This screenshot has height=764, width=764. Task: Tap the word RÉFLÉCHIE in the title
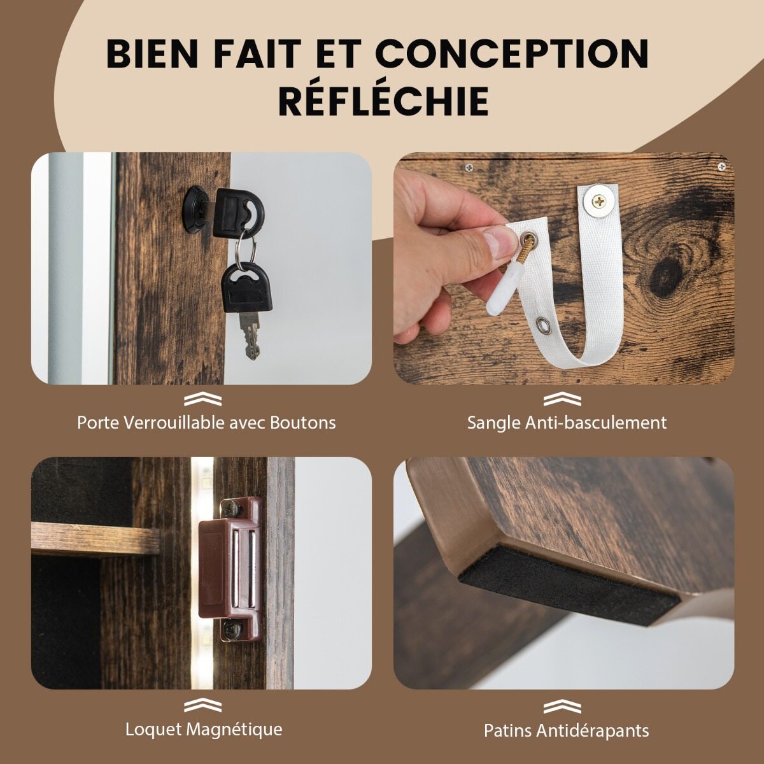[x=384, y=101]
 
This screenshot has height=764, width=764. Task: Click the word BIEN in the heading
[x=153, y=54]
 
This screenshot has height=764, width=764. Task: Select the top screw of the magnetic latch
[x=229, y=508]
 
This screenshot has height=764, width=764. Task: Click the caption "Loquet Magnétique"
[x=204, y=729]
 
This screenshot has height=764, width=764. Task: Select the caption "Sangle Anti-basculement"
[x=567, y=423]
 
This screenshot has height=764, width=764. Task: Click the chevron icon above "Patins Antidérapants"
[x=563, y=707]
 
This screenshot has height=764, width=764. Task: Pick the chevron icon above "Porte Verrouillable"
[x=202, y=399]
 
